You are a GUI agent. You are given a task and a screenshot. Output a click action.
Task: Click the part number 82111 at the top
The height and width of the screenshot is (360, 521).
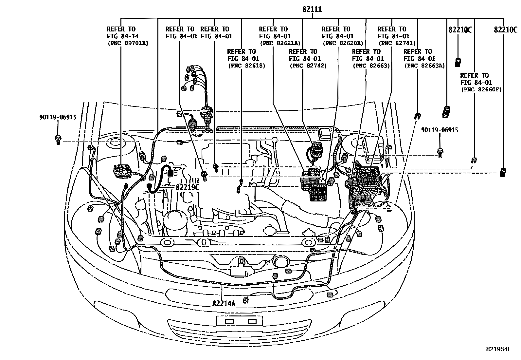tap(312, 9)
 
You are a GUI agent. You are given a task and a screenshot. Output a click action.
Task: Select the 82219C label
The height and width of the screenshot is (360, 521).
tap(188, 187)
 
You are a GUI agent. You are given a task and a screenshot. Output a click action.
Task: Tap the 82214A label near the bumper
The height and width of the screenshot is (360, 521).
tap(224, 303)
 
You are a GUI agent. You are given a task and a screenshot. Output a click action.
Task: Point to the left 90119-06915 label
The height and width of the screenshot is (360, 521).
tap(57, 117)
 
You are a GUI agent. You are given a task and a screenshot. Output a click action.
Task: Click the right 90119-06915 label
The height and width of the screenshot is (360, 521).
tap(440, 130)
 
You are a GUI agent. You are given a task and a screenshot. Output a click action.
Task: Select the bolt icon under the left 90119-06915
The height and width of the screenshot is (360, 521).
tap(58, 140)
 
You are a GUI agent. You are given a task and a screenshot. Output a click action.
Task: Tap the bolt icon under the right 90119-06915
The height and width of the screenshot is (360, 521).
tap(440, 152)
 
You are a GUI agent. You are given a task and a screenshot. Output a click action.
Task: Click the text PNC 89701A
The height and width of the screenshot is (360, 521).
tap(128, 43)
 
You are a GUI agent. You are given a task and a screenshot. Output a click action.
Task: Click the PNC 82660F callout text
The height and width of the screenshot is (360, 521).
tap(481, 89)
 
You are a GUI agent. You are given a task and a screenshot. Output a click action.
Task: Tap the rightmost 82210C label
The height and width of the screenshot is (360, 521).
tap(505, 30)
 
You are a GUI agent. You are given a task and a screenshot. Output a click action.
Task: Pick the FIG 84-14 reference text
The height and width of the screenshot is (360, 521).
tap(121, 36)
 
